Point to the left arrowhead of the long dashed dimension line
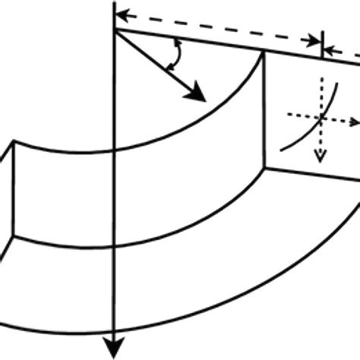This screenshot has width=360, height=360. pyautogui.click(x=121, y=13)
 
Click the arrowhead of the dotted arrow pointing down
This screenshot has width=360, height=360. pyautogui.click(x=321, y=156)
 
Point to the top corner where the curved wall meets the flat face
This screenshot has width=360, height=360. pyautogui.click(x=263, y=52)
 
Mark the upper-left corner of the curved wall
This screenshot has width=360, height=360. pyautogui.click(x=16, y=144)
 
